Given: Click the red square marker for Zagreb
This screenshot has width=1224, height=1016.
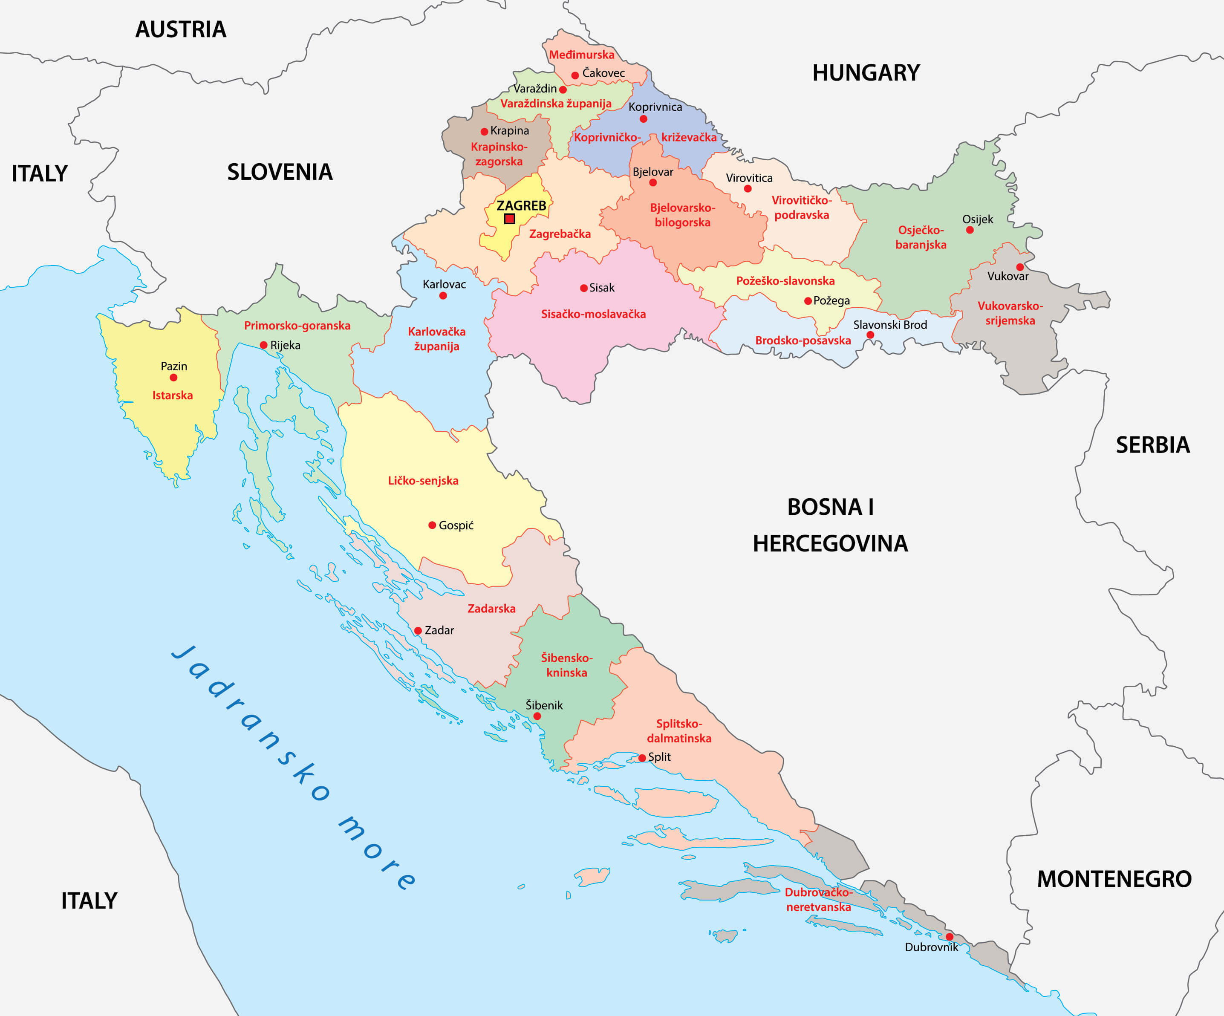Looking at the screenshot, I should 509,219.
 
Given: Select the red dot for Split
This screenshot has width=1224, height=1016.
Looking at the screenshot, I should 642,758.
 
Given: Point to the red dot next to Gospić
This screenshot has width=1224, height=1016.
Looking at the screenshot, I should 432,525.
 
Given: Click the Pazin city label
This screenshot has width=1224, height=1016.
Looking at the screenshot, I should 174,366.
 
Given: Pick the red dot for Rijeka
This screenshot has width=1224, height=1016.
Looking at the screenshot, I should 263,345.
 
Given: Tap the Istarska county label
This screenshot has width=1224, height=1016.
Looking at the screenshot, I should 173,395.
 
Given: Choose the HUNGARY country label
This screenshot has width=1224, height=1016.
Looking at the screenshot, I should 866,73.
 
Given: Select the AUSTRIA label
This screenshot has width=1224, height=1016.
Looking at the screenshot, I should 181,29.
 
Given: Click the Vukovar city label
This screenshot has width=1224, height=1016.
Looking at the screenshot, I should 1008,276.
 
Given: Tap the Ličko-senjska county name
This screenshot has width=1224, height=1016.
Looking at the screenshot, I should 423,481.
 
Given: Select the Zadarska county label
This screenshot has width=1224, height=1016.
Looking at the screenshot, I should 491,609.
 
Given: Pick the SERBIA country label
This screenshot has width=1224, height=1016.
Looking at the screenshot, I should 1152,445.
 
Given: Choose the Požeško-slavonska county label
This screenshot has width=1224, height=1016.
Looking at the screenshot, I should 785,281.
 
